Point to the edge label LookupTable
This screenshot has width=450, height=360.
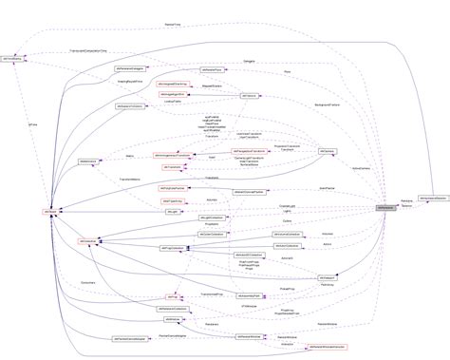coord(172,100)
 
